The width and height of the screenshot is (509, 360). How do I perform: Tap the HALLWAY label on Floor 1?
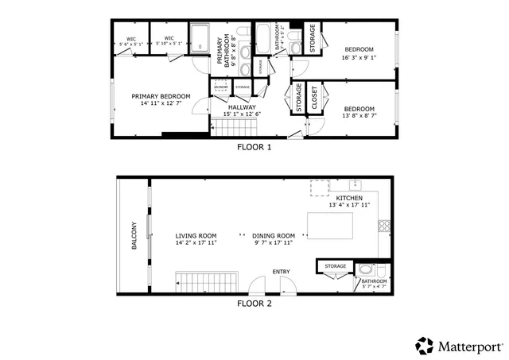tap(242, 106)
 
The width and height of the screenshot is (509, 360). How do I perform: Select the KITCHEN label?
tap(349, 198)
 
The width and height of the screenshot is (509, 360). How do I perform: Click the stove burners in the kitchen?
tap(384, 225)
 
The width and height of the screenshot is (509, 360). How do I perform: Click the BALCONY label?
tap(134, 235)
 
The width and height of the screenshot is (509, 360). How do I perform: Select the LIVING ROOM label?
tap(196, 235)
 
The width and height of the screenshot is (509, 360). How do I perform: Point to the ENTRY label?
tap(282, 273)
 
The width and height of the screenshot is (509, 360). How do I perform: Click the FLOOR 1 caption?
tap(254, 147)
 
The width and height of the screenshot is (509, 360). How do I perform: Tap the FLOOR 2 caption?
tap(254, 303)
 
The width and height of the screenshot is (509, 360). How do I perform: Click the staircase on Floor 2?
tap(206, 281)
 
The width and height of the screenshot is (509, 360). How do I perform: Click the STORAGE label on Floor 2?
tap(335, 266)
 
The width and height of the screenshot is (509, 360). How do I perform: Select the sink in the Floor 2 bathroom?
tap(364, 268)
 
